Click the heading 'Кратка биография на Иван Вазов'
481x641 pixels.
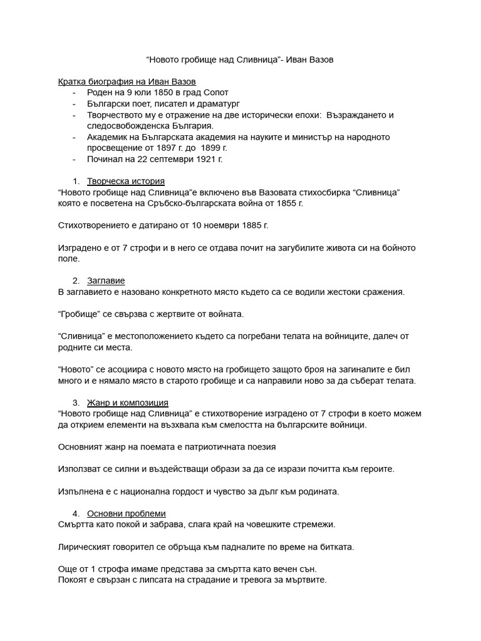click(x=127, y=82)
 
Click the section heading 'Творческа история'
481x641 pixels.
click(x=125, y=182)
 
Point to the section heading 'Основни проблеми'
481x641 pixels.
click(x=126, y=513)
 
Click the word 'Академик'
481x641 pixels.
click(x=107, y=137)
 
